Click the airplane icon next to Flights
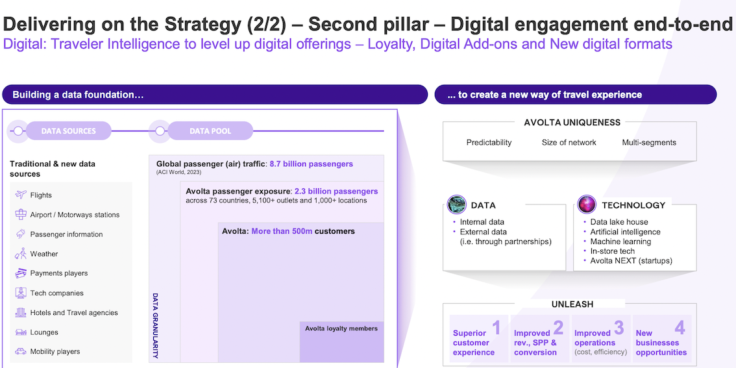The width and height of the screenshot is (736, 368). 21,195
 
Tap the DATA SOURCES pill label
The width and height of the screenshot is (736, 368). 69,131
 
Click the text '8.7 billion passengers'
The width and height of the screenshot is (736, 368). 311,164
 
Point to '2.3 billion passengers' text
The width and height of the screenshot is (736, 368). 336,191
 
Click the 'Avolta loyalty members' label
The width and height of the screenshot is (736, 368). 341,328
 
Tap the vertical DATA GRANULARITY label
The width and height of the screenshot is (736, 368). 155,326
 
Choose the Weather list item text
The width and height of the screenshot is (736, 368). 44,254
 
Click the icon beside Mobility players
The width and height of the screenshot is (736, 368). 21,351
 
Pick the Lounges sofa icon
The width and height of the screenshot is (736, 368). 21,332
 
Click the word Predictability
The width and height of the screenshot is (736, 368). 489,142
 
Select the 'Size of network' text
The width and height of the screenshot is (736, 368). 569,142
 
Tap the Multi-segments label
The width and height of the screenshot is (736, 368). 649,142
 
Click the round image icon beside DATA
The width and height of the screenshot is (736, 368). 456,204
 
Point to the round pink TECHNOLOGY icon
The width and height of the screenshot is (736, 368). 587,204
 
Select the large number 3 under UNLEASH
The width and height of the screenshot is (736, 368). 619,328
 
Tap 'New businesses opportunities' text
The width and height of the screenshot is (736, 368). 661,343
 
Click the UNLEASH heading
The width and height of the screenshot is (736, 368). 572,304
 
